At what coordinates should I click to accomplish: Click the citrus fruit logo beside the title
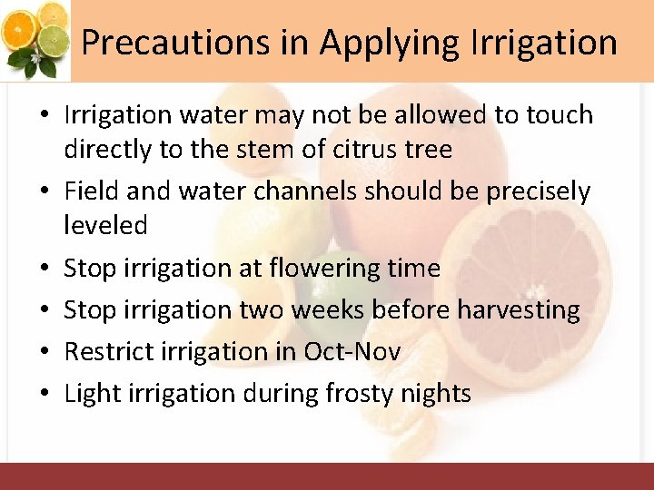(36, 38)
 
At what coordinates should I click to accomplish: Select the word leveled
(104, 226)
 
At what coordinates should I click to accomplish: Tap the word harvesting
(519, 309)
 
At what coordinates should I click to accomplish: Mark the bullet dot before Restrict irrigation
(44, 352)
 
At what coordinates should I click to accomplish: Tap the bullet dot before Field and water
(44, 192)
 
